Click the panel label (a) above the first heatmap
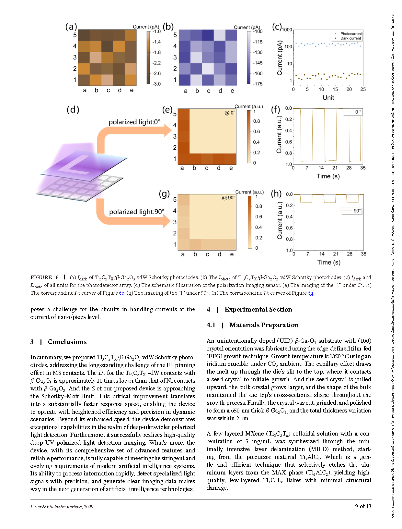click(71, 27)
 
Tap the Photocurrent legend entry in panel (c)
click(351, 34)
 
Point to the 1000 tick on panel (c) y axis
click(287, 30)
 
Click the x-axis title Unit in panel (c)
click(328, 98)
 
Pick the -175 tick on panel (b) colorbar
click(258, 84)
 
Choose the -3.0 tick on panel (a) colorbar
click(157, 84)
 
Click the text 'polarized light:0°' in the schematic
click(134, 122)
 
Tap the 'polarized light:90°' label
click(136, 212)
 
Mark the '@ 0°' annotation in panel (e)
click(230, 113)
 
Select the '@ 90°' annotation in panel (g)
click(229, 198)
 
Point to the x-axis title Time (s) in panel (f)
click(328, 176)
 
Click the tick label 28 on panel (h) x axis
click(350, 254)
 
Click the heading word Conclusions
click(67, 342)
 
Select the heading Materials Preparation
click(264, 325)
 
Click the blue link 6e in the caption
click(121, 293)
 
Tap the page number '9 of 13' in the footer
click(363, 506)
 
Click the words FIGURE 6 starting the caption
click(45, 277)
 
